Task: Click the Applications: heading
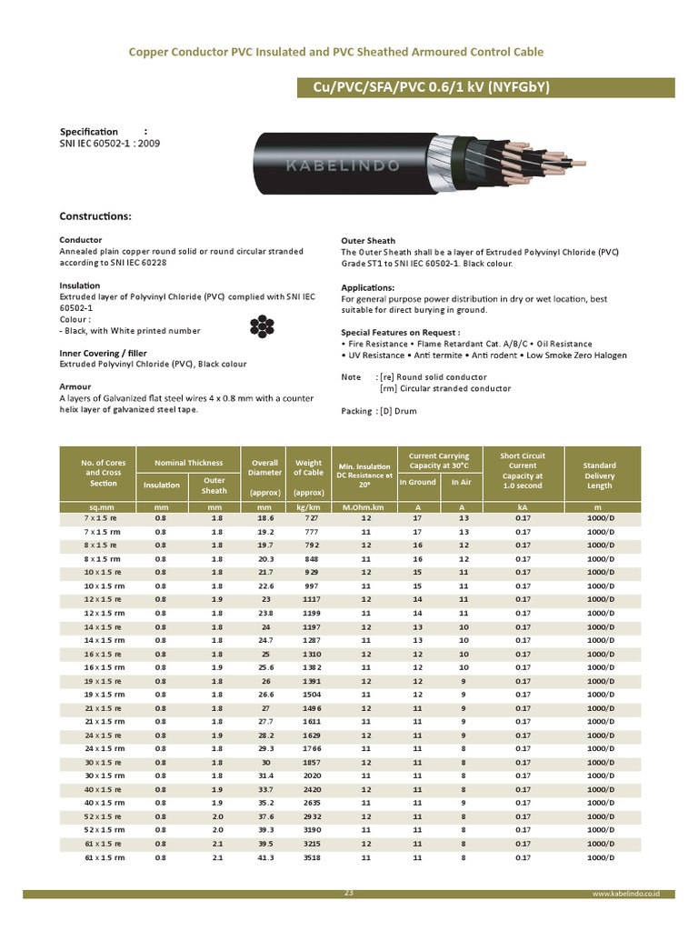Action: pyautogui.click(x=374, y=287)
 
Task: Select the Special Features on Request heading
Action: pyautogui.click(x=400, y=333)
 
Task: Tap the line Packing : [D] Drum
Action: pyautogui.click(x=379, y=411)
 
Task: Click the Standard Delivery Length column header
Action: pyautogui.click(x=599, y=476)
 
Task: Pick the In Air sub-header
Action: pyautogui.click(x=462, y=483)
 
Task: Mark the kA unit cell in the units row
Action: pyautogui.click(x=523, y=506)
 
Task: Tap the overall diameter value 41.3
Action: pyautogui.click(x=264, y=857)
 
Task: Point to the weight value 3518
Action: pyautogui.click(x=309, y=857)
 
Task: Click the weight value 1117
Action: pyautogui.click(x=309, y=599)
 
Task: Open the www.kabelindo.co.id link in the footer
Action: pyautogui.click(x=625, y=895)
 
